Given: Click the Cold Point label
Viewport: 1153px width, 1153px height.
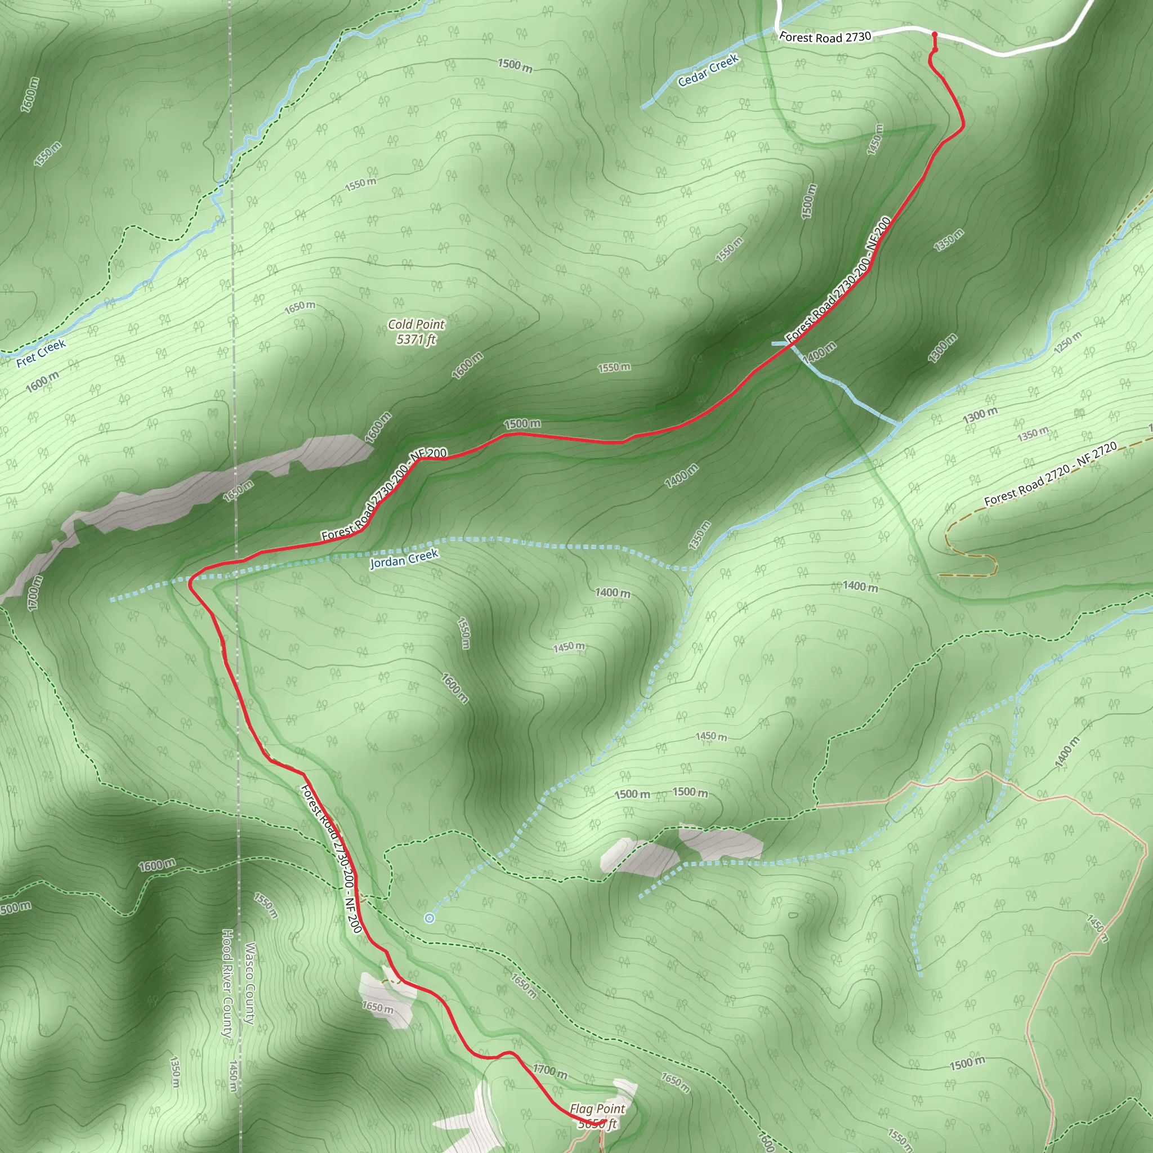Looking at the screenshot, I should (x=416, y=324).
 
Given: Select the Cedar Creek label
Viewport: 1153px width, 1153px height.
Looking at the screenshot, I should (x=708, y=70).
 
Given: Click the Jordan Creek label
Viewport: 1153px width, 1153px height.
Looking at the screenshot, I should (x=404, y=558).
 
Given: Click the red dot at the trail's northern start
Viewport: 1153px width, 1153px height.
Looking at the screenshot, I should (x=935, y=34).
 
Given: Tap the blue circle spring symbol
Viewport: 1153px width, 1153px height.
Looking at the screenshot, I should (x=429, y=918).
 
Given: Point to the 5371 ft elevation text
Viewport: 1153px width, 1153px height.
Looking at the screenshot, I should (x=416, y=339).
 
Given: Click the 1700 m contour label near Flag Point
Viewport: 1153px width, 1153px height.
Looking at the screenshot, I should (x=549, y=1071).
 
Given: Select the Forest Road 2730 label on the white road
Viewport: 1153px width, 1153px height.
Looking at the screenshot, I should (x=825, y=37).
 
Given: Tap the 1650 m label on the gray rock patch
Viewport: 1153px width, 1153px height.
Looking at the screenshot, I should (x=378, y=1008).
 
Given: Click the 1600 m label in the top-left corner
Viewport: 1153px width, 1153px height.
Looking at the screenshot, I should (x=29, y=94).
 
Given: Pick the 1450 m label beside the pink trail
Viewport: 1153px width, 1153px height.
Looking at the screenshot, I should (x=1097, y=928).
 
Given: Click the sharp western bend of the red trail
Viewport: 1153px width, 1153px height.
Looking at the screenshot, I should (x=190, y=583).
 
